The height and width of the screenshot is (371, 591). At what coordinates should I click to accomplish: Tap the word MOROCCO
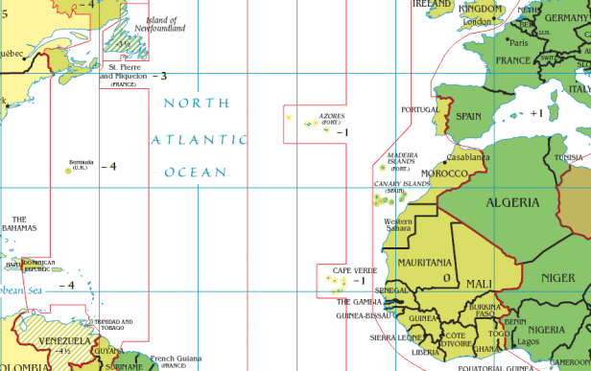tap(445, 174)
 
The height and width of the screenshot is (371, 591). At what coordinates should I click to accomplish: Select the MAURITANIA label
tap(425, 262)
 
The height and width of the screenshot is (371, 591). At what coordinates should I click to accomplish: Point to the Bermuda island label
tap(81, 163)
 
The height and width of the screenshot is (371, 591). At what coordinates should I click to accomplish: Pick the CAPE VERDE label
tap(354, 270)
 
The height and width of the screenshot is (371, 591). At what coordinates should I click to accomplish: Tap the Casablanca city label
tap(468, 157)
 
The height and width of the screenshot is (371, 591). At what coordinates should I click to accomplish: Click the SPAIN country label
tap(468, 116)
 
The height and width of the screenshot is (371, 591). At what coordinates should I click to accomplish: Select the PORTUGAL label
tap(419, 109)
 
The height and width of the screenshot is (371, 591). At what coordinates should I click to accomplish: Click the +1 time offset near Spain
tap(535, 113)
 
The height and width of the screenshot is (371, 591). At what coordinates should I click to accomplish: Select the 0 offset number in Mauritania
tap(446, 278)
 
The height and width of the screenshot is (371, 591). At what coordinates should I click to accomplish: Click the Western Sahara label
tap(398, 225)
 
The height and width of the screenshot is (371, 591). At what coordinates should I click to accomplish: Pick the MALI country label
tap(481, 284)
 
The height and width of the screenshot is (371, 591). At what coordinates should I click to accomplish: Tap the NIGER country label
tap(557, 278)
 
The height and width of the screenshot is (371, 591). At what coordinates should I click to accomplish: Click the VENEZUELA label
tap(64, 340)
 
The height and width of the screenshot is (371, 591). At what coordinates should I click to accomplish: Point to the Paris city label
tap(519, 43)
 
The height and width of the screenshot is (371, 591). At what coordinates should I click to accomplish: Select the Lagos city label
tap(530, 341)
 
